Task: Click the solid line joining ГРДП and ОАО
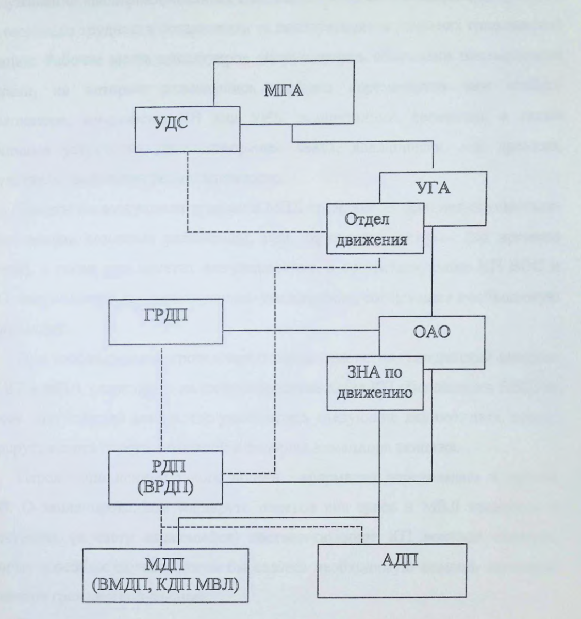[x=299, y=330]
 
